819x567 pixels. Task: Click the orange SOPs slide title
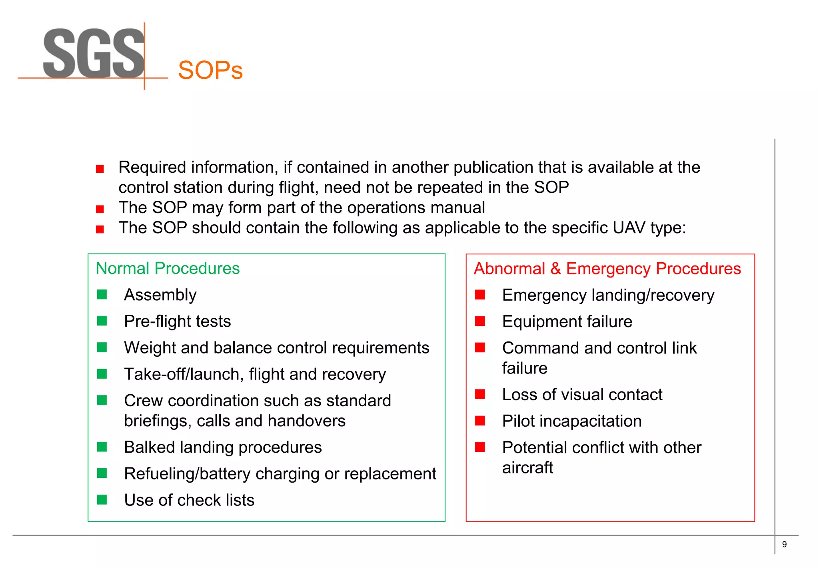[210, 70]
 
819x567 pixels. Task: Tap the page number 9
[784, 544]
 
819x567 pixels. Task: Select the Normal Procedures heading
[168, 268]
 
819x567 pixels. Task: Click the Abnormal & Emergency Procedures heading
[607, 269]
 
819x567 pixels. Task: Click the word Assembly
[160, 295]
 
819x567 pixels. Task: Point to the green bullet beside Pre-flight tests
[102, 321]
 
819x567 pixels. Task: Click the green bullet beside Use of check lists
[102, 500]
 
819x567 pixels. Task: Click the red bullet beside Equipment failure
[480, 321]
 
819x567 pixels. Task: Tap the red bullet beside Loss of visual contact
[480, 395]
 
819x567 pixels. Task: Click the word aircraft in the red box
[527, 468]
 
